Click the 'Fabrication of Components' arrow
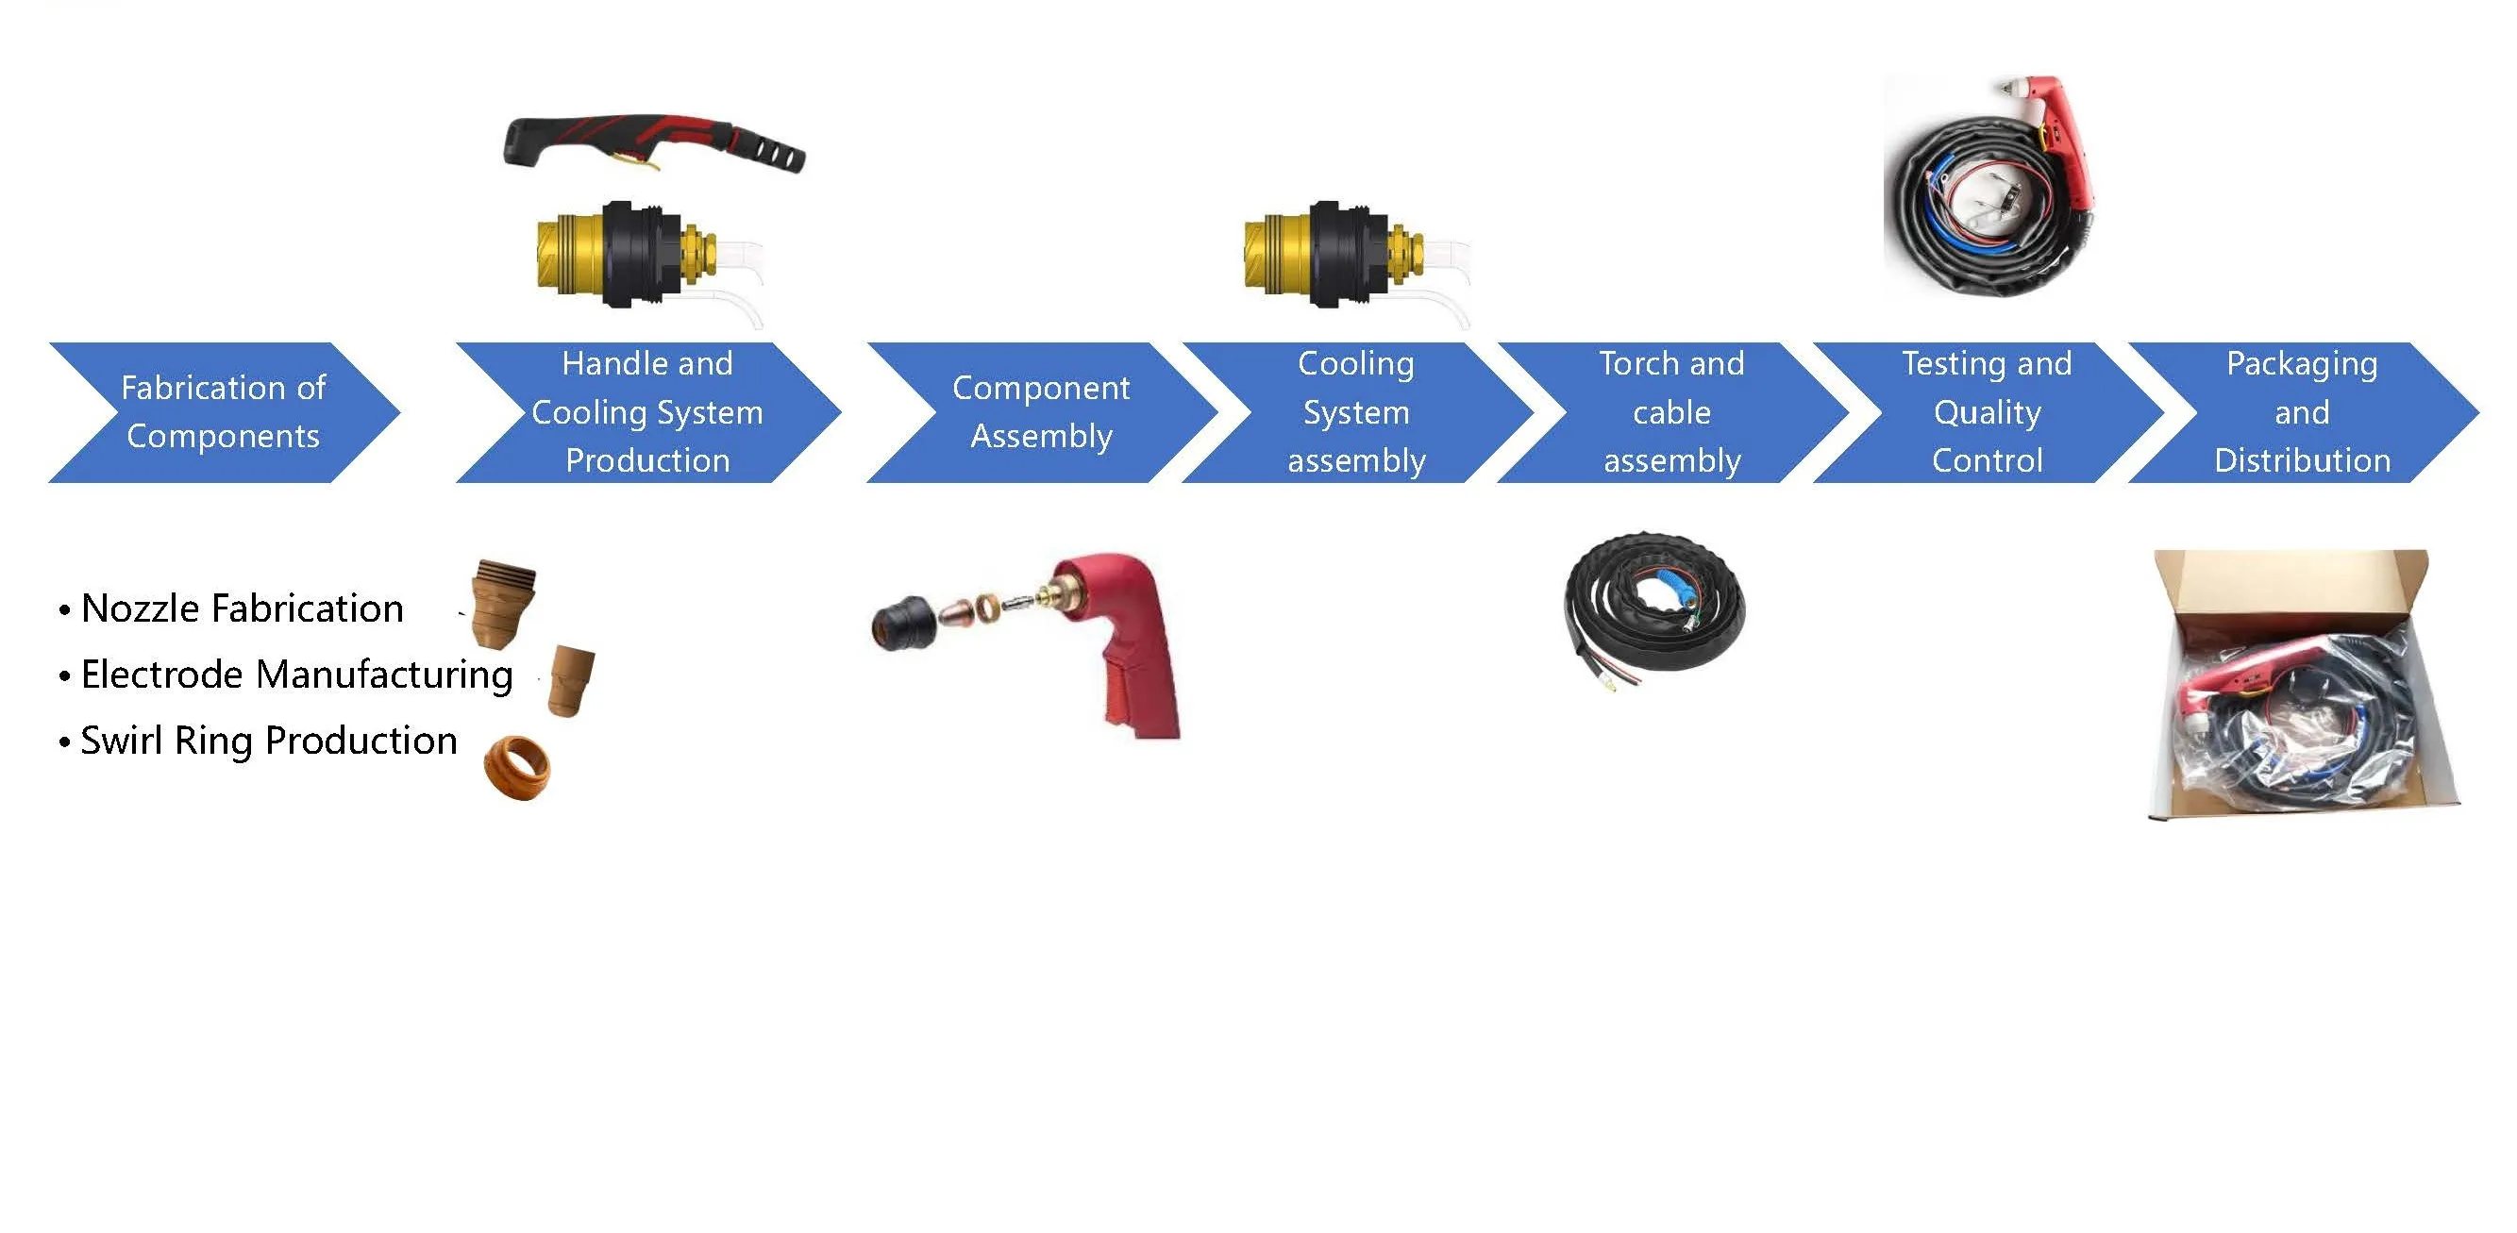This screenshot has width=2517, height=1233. pyautogui.click(x=223, y=412)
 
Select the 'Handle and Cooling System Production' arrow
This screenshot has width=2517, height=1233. pyautogui.click(x=646, y=412)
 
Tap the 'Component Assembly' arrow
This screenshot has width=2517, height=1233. pyautogui.click(x=1041, y=412)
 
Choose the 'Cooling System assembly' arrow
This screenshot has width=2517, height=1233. pyautogui.click(x=1356, y=412)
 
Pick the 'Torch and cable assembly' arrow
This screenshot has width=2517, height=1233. pyautogui.click(x=1670, y=412)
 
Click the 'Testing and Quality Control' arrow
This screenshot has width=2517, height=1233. pyautogui.click(x=1987, y=412)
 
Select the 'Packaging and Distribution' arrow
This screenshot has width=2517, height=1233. pyautogui.click(x=2302, y=412)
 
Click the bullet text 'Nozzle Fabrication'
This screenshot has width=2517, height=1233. pyautogui.click(x=242, y=608)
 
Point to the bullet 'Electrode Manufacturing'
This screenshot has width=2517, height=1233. pyautogui.click(x=296, y=675)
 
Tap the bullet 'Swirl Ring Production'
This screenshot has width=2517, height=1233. pyautogui.click(x=268, y=741)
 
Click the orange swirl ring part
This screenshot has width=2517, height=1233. pyautogui.click(x=518, y=768)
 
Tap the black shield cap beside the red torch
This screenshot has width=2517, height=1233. pyautogui.click(x=902, y=624)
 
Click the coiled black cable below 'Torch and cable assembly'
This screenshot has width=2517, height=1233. pyautogui.click(x=1653, y=606)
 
